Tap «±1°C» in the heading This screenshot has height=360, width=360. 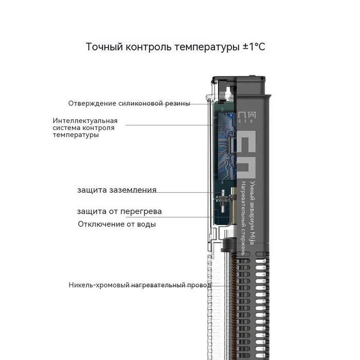(x=254, y=47)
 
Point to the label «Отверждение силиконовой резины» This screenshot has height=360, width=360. (x=129, y=103)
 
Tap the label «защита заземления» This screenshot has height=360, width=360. (x=117, y=190)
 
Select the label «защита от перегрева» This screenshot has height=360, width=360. (x=119, y=211)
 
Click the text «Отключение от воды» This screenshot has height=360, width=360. (x=117, y=224)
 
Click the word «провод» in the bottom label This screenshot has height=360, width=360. (x=200, y=285)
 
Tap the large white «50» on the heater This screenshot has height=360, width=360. (x=251, y=152)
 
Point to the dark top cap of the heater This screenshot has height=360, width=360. (x=240, y=85)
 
